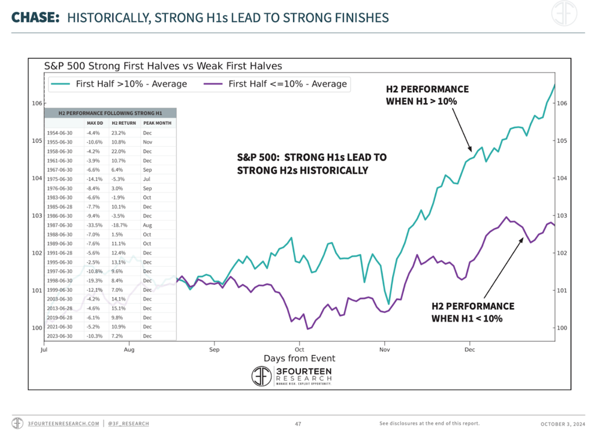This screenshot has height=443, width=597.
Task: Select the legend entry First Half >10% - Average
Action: coord(131,84)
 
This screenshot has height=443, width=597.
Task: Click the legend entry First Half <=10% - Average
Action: coord(287,84)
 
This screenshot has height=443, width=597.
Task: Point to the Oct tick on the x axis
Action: coord(299,348)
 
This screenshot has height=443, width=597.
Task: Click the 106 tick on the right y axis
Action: coord(562,103)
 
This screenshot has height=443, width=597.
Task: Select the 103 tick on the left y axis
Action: coord(37,215)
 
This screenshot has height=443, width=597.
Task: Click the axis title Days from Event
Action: coord(299,358)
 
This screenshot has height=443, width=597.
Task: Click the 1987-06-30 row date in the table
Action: coord(61,225)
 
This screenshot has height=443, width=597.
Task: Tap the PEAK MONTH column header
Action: coord(157,123)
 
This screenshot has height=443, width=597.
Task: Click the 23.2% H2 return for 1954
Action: coord(119,132)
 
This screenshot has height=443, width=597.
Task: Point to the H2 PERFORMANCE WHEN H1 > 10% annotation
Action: coord(426,95)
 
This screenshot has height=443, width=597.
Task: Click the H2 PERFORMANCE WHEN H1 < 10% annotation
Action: coord(472,312)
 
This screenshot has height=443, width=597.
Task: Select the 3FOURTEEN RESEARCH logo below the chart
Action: coord(291,376)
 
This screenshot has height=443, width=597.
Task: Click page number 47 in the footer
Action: coord(298,424)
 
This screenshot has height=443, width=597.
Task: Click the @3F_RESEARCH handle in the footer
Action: coord(129,424)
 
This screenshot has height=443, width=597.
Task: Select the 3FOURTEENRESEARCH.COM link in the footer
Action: coord(64,424)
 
